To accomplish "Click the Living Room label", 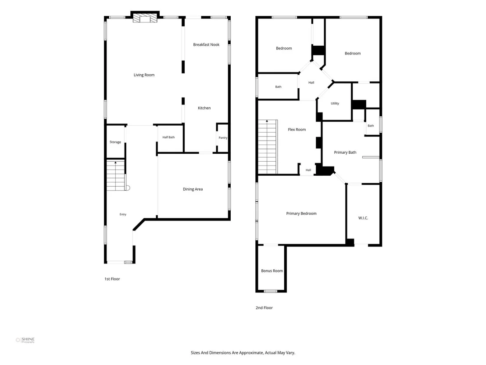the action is [144, 75].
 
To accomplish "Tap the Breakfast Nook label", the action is [206, 45].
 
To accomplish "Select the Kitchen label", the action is [204, 108].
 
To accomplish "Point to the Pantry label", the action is [223, 138].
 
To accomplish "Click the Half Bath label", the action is [168, 137].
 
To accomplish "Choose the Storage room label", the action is [115, 142].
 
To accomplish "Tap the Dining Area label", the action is [193, 189].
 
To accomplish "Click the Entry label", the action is [123, 214].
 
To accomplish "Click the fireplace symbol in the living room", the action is [145, 19].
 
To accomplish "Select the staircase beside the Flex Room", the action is [268, 147].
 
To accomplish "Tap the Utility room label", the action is [335, 103].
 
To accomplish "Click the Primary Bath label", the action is [345, 152].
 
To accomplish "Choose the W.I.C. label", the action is [363, 218].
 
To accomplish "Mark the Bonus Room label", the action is [272, 271].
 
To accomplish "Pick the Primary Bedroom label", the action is [301, 213].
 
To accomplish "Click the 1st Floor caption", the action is [112, 279].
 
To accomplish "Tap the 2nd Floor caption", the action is [264, 308].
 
